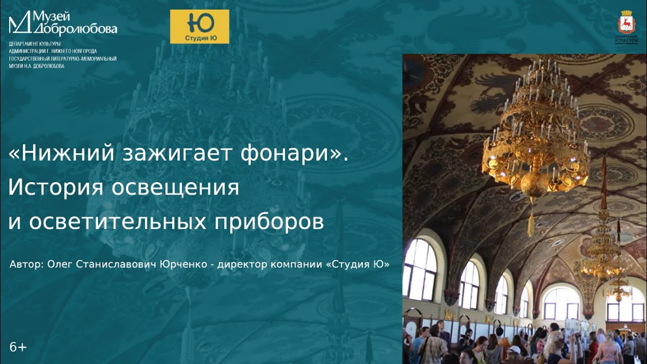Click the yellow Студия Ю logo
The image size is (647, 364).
tap(199, 26)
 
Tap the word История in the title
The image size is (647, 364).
tap(56, 188)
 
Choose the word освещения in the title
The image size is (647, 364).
tap(175, 188)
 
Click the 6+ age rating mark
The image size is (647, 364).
tap(18, 347)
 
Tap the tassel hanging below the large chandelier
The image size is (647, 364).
tap(531, 225)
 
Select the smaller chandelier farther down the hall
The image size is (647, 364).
tap(603, 253)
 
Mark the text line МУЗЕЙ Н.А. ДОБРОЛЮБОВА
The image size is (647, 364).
tap(36, 66)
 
